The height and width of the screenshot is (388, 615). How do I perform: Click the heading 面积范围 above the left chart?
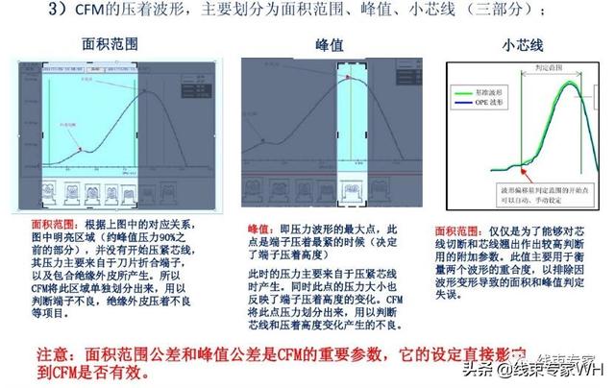click(x=113, y=46)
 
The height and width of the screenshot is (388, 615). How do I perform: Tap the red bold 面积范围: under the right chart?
click(x=455, y=231)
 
